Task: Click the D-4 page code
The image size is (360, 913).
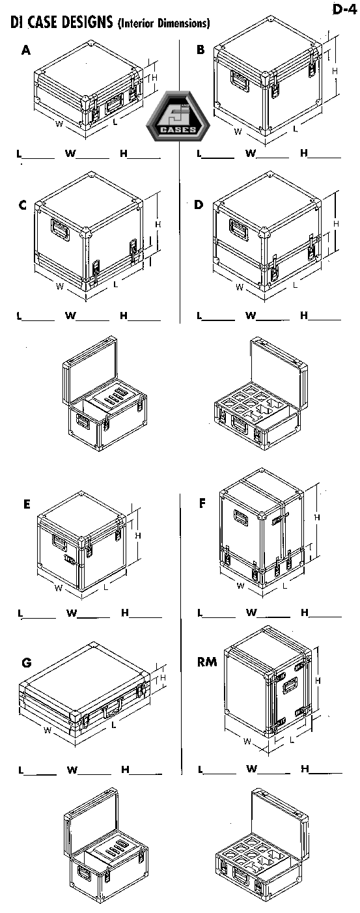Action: point(344,9)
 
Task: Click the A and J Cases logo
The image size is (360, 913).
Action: point(178,116)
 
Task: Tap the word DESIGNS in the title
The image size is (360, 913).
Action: point(87,22)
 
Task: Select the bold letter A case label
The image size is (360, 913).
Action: point(26,50)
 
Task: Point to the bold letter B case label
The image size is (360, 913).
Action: point(201,49)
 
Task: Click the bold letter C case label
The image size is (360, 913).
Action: point(23,205)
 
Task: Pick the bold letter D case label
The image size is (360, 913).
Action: point(199,204)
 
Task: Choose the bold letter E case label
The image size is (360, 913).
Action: point(27,504)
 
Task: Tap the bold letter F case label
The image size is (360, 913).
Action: point(202,504)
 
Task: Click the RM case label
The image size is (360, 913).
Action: point(207,662)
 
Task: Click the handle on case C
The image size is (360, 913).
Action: point(60,229)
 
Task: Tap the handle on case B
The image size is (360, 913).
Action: point(240,81)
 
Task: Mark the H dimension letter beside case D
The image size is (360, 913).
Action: point(336,224)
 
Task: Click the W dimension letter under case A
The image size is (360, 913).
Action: point(59,123)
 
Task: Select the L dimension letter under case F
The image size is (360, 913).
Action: point(284,586)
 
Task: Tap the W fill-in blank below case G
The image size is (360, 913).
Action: point(94,773)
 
